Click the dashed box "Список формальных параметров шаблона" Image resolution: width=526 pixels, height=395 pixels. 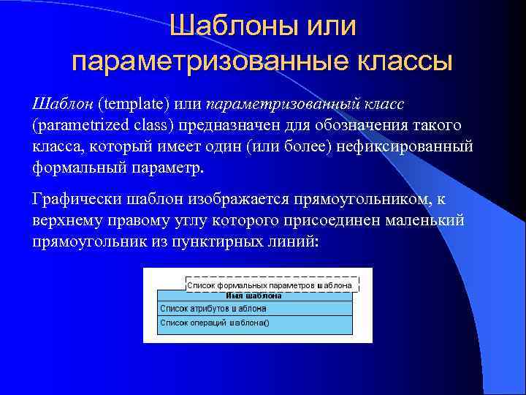point(269,284)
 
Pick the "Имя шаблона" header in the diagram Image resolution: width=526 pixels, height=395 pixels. point(254,296)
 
